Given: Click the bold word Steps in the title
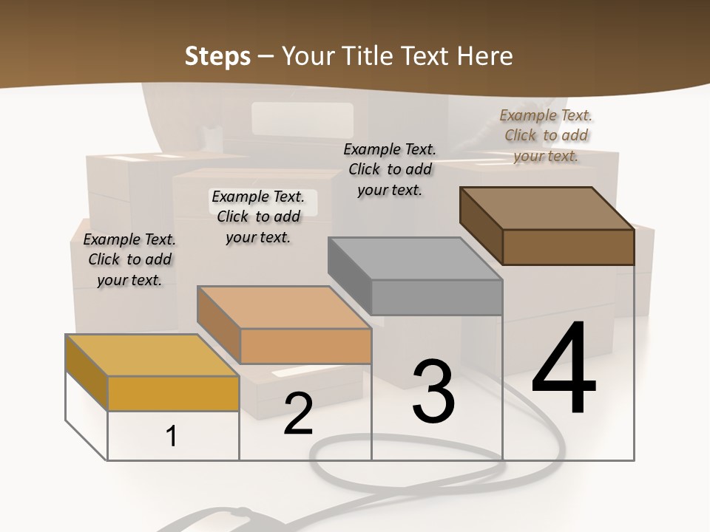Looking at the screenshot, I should point(217,56).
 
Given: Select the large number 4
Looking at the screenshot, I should point(564,369).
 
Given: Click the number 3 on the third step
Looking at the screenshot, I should point(433,391).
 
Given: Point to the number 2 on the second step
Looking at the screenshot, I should point(298,414).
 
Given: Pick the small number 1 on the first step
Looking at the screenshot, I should point(171,436).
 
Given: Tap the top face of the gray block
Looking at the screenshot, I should point(414,259).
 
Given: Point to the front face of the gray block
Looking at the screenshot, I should point(436,298).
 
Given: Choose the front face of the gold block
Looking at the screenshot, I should point(173,393).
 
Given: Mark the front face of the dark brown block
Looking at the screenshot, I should point(568,247).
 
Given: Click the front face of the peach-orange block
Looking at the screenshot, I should point(305,346).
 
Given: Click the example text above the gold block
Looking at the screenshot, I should point(129,259).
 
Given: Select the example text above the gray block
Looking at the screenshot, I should point(390,169).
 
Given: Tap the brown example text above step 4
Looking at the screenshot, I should point(546,135).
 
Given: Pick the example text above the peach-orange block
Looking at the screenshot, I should point(258,216).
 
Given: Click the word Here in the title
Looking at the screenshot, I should point(485,56).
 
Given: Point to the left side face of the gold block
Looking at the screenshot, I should point(87,362).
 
